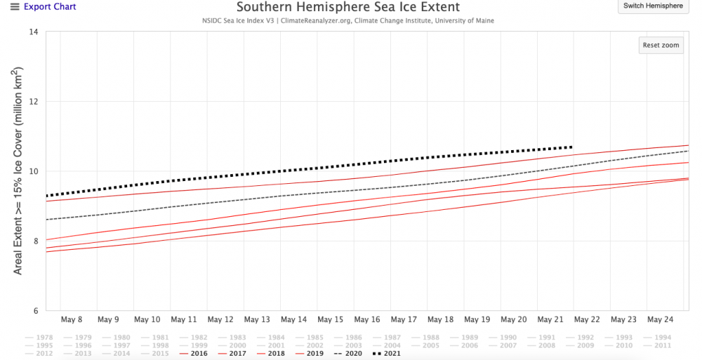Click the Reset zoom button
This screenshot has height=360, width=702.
661,46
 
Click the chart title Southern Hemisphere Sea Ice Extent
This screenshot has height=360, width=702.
347,8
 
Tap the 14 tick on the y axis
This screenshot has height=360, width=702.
34,32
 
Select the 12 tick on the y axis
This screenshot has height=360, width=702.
34,102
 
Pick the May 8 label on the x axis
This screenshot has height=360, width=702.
72,319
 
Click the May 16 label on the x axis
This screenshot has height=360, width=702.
366,319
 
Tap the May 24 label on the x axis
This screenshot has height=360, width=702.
661,319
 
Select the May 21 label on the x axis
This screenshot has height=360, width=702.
550,319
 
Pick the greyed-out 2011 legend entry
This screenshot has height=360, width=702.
659,346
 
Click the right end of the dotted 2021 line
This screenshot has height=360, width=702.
571,147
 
